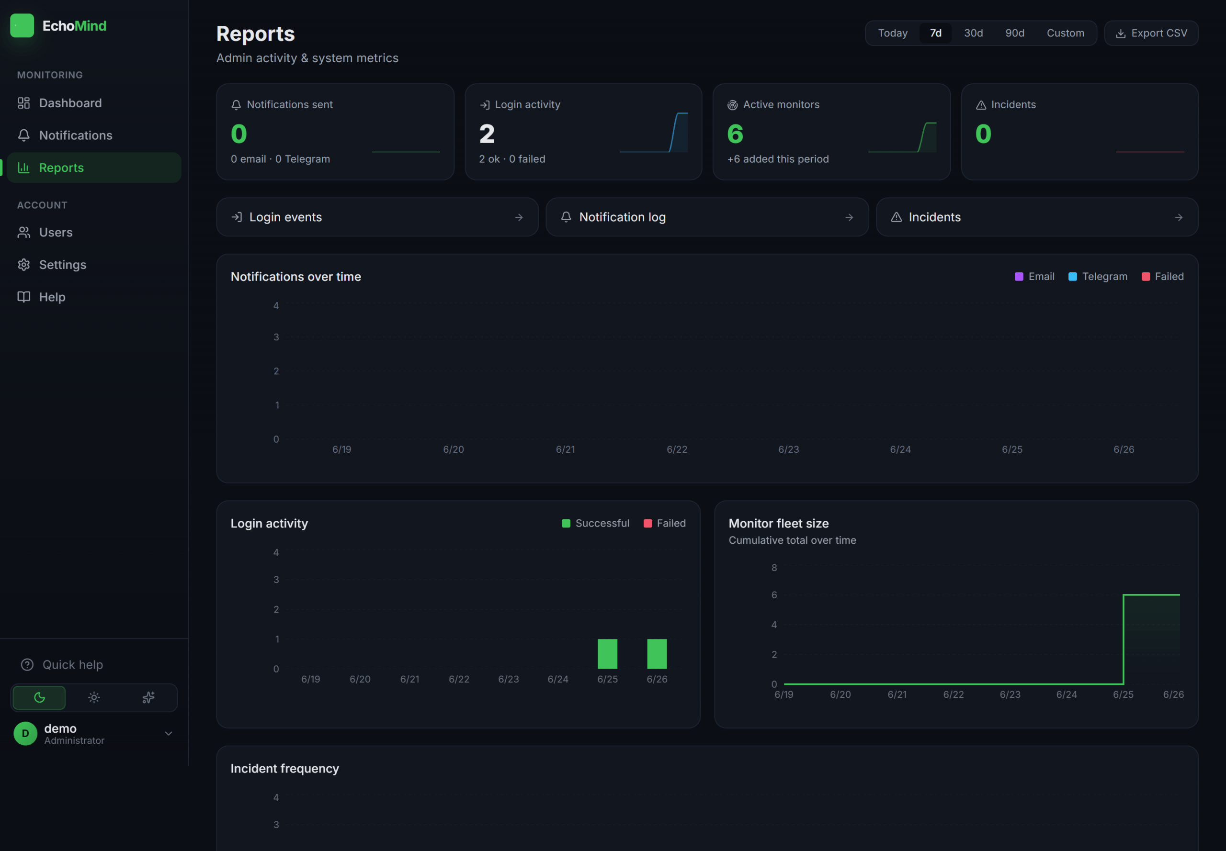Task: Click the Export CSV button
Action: coord(1151,33)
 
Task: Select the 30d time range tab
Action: coord(973,33)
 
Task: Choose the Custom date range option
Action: coord(1065,33)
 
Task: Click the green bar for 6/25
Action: coord(607,654)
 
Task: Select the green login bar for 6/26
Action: coord(657,654)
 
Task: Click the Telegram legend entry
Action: coord(1098,276)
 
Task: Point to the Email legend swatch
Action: coord(1019,276)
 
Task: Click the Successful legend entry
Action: coord(595,523)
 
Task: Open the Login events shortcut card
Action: coord(377,217)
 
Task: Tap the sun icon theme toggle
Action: coord(94,697)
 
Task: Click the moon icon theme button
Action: coord(39,697)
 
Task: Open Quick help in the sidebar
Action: coord(62,664)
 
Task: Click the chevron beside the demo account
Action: coord(169,734)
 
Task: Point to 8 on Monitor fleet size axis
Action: coord(774,567)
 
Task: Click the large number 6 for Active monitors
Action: coord(735,134)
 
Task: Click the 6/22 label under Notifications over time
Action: coord(677,449)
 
